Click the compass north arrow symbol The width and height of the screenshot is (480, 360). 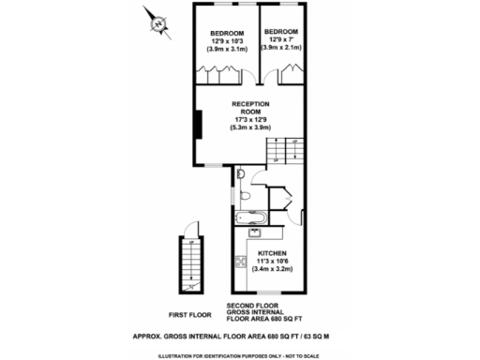pos(158,23)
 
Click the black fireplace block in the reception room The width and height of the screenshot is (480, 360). pos(199,126)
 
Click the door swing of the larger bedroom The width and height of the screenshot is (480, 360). pos(217,74)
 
